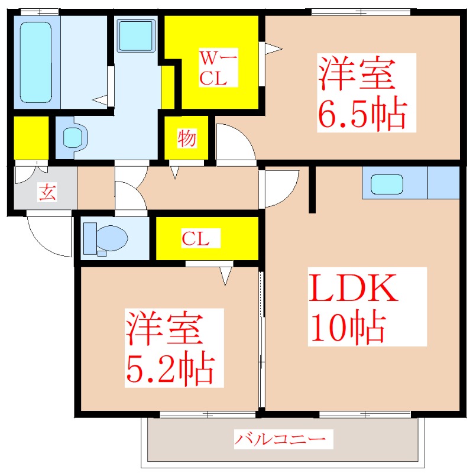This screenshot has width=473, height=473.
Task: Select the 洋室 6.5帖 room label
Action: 362,93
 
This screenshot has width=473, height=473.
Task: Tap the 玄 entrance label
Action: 47,192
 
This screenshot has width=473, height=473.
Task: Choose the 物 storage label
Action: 186,140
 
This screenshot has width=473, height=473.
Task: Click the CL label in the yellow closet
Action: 195,239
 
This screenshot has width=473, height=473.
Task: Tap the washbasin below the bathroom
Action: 74,138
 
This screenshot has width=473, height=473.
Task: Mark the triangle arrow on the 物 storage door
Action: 174,172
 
